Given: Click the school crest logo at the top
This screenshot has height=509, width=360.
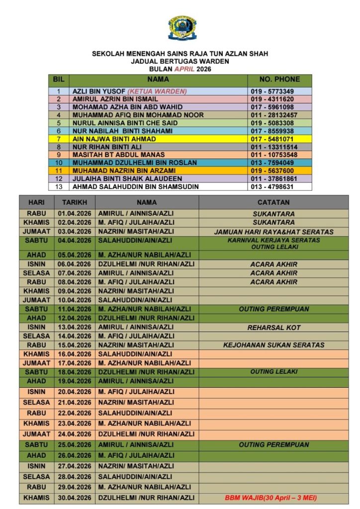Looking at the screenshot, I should click(x=182, y=28).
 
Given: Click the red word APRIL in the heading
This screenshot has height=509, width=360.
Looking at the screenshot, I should click(x=181, y=69).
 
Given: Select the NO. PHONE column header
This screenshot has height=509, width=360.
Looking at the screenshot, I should click(x=280, y=79).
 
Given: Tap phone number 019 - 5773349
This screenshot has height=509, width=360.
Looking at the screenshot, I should click(x=272, y=91).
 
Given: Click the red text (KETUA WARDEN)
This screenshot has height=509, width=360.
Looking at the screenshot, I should click(x=157, y=91).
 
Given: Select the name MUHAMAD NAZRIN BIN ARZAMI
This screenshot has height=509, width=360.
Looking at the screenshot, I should click(x=120, y=170).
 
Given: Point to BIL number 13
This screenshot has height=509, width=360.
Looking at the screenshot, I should click(x=59, y=186).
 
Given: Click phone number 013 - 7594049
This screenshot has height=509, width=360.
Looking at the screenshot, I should click(x=272, y=163).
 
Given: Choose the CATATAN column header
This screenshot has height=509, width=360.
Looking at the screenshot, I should click(x=273, y=202).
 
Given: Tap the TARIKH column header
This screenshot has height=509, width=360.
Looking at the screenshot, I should click(x=75, y=202).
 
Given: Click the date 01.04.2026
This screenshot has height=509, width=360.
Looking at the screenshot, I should click(x=75, y=214).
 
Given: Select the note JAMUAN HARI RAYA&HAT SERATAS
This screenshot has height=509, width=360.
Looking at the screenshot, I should click(x=273, y=232).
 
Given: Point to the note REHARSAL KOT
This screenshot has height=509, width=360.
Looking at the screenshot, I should click(x=273, y=328).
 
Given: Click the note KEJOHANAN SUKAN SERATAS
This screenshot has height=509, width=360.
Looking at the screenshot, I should click(x=273, y=345).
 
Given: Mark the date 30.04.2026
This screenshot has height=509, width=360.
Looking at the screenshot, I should click(x=75, y=498).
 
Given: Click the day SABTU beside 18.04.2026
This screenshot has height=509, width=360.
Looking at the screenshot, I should click(x=36, y=372).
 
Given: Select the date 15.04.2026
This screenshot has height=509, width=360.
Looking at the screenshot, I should click(x=75, y=345).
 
